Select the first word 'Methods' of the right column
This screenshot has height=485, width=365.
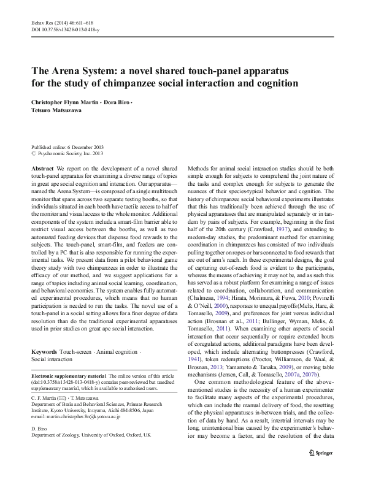click(x=199, y=168)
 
